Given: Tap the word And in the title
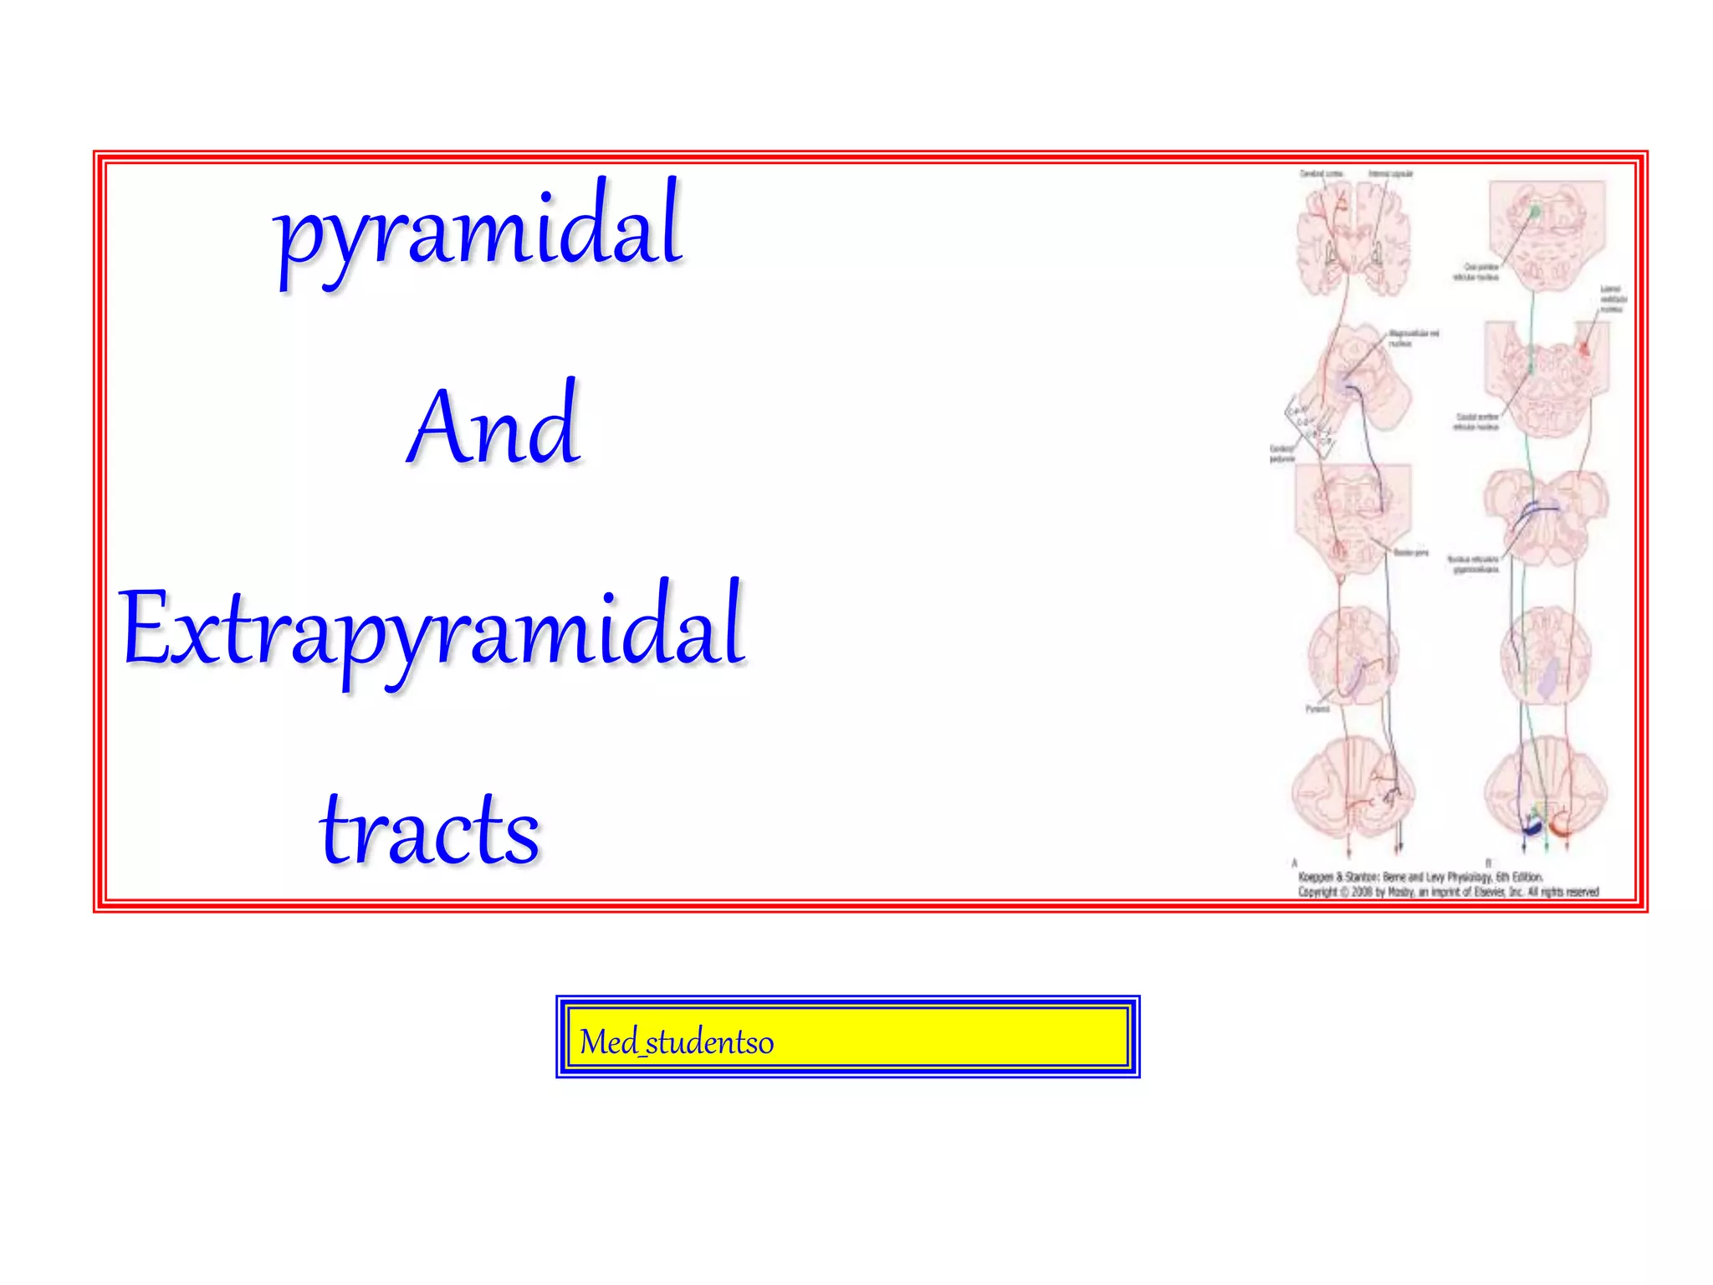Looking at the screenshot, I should point(493,426).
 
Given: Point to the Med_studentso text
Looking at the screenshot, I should point(676,1042).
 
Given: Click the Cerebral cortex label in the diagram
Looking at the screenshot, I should point(1321,174).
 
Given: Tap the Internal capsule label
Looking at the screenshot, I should point(1390,174).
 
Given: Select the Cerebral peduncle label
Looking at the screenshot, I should point(1281,453).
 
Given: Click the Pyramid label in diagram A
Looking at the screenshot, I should point(1317,709).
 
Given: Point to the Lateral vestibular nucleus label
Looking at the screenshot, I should point(1613,299).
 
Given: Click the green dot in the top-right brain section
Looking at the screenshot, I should point(1535,212).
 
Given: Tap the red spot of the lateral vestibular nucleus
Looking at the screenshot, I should point(1583,348).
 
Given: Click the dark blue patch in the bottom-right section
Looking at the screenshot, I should point(1531,827).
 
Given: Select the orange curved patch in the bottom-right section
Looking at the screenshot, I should point(1559,828).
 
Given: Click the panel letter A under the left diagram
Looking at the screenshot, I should point(1295,863).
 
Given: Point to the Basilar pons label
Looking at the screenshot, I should point(1411,553).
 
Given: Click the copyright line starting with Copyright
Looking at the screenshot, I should point(1448,892).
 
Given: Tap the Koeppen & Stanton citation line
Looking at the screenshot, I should point(1419,877).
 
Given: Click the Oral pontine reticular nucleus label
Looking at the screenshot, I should point(1476,272).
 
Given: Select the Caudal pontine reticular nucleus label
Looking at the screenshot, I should point(1476,422).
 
